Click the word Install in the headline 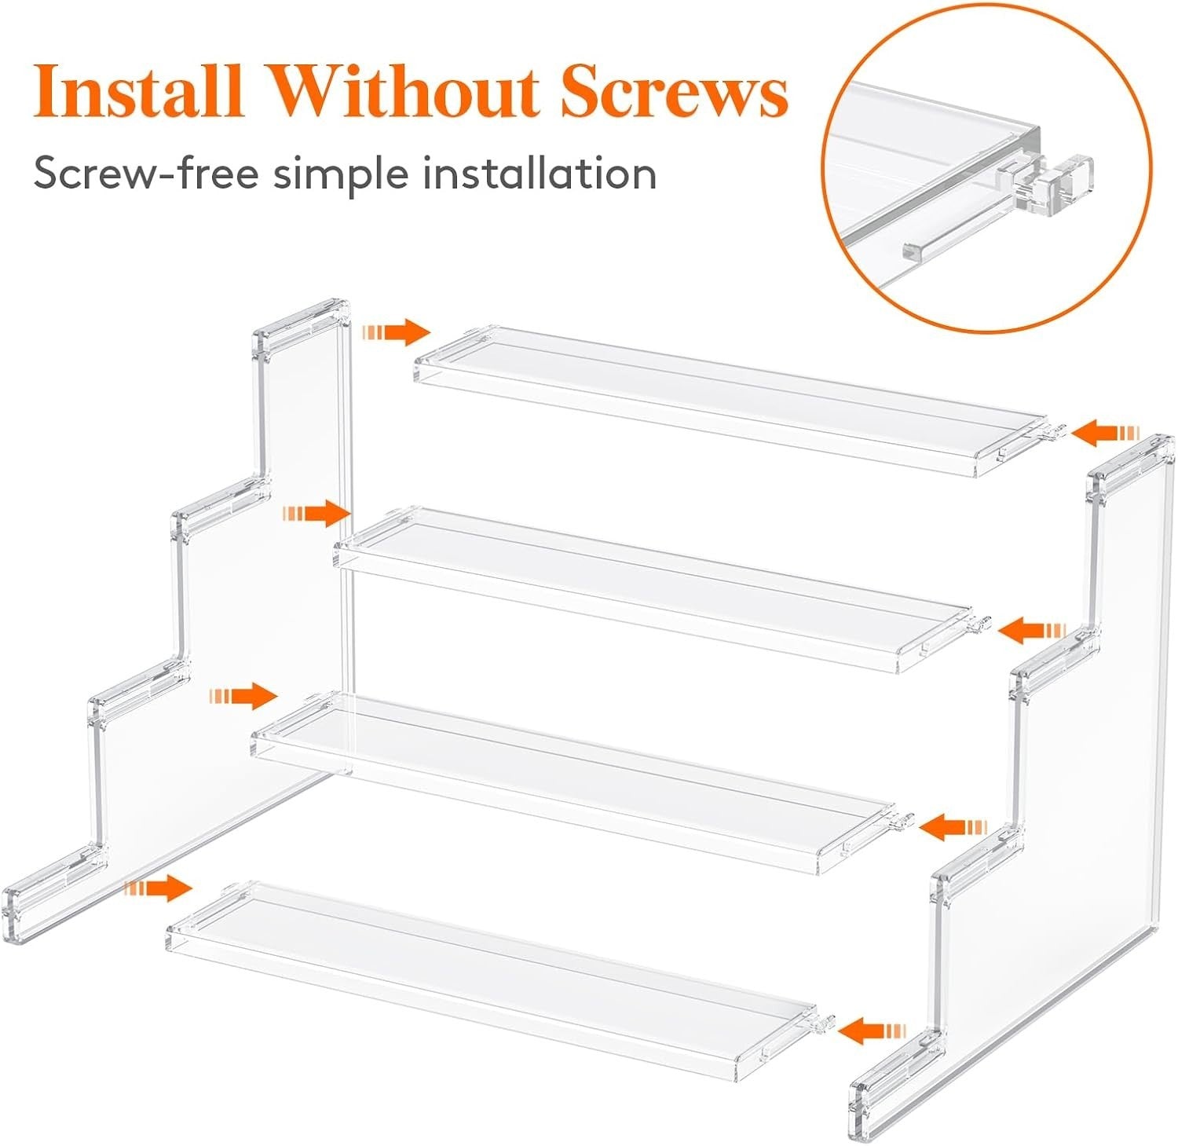pos(137,92)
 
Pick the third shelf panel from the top pos(573,778)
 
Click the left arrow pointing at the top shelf pos(397,332)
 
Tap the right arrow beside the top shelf pos(1107,433)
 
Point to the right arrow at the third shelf pos(953,827)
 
